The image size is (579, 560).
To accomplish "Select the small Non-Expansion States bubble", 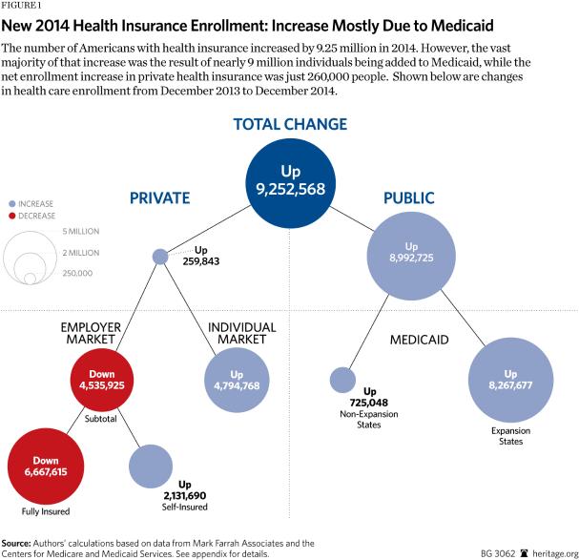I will [341, 380].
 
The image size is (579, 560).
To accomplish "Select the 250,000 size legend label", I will [78, 273].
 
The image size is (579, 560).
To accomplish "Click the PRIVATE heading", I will [159, 198].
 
